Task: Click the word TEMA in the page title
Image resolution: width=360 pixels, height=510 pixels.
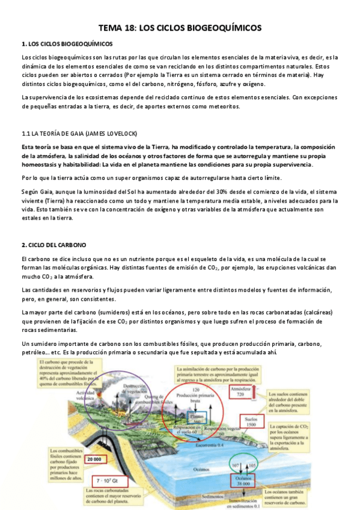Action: (x=111, y=28)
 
